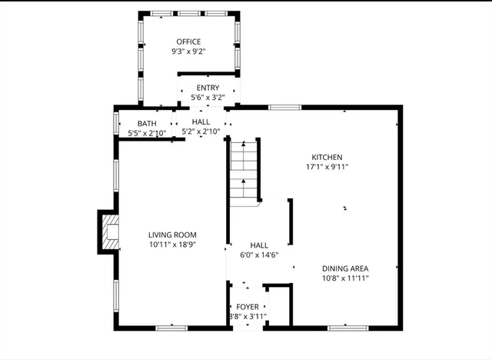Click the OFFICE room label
(x=188, y=42)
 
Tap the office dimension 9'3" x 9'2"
(x=188, y=52)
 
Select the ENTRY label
(x=208, y=88)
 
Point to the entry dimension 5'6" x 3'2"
(x=208, y=98)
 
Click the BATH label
(x=147, y=124)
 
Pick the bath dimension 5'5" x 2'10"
(x=147, y=133)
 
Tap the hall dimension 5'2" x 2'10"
(x=201, y=132)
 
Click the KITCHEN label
(x=327, y=157)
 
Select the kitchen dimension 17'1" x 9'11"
(x=327, y=166)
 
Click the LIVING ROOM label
(x=173, y=235)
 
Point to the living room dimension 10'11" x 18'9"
(x=173, y=245)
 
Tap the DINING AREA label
(x=345, y=268)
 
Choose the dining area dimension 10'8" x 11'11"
(x=345, y=278)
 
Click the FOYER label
(x=248, y=307)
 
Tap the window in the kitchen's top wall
(x=284, y=108)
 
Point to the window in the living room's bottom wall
(x=171, y=328)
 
